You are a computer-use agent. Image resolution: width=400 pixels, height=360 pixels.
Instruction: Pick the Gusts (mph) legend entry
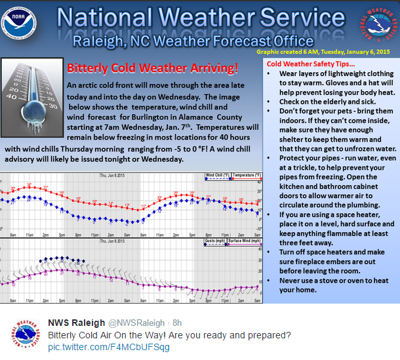215,241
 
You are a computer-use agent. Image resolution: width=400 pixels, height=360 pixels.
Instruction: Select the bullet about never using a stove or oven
329,285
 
